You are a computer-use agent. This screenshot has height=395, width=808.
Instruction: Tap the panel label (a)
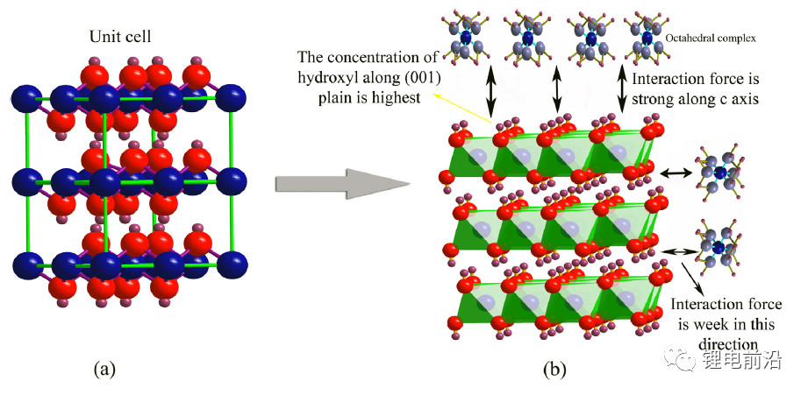[106, 369]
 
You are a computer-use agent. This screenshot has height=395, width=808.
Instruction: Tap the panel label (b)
[554, 369]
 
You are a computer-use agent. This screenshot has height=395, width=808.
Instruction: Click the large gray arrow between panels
[342, 184]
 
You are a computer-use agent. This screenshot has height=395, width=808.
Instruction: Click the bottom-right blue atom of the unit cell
[232, 264]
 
